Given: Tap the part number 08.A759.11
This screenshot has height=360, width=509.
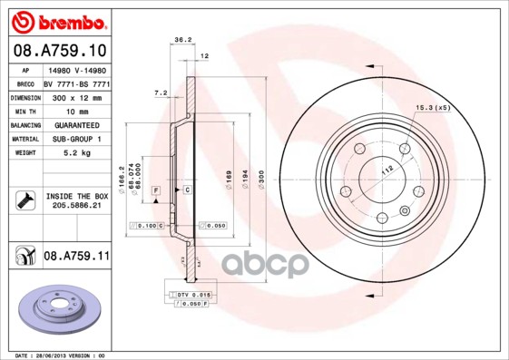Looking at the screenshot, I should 76,256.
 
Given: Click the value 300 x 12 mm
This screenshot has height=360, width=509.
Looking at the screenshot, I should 76,96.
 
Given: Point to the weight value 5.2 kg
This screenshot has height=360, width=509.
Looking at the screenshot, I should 76,153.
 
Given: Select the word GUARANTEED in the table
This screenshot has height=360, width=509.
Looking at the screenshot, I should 76,124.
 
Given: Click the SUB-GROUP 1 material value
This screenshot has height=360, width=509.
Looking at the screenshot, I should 76,139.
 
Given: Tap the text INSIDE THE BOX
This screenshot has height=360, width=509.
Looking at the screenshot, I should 76,196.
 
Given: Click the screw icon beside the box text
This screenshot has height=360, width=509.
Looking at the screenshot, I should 23,200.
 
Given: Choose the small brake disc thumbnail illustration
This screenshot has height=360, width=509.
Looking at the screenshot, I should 58,311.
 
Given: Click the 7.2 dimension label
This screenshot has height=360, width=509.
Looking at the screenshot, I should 161,92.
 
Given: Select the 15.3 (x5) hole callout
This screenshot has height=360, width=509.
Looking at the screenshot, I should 433,109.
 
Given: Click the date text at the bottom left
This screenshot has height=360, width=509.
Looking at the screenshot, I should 56,355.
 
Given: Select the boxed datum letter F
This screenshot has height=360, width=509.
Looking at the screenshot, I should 156,190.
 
